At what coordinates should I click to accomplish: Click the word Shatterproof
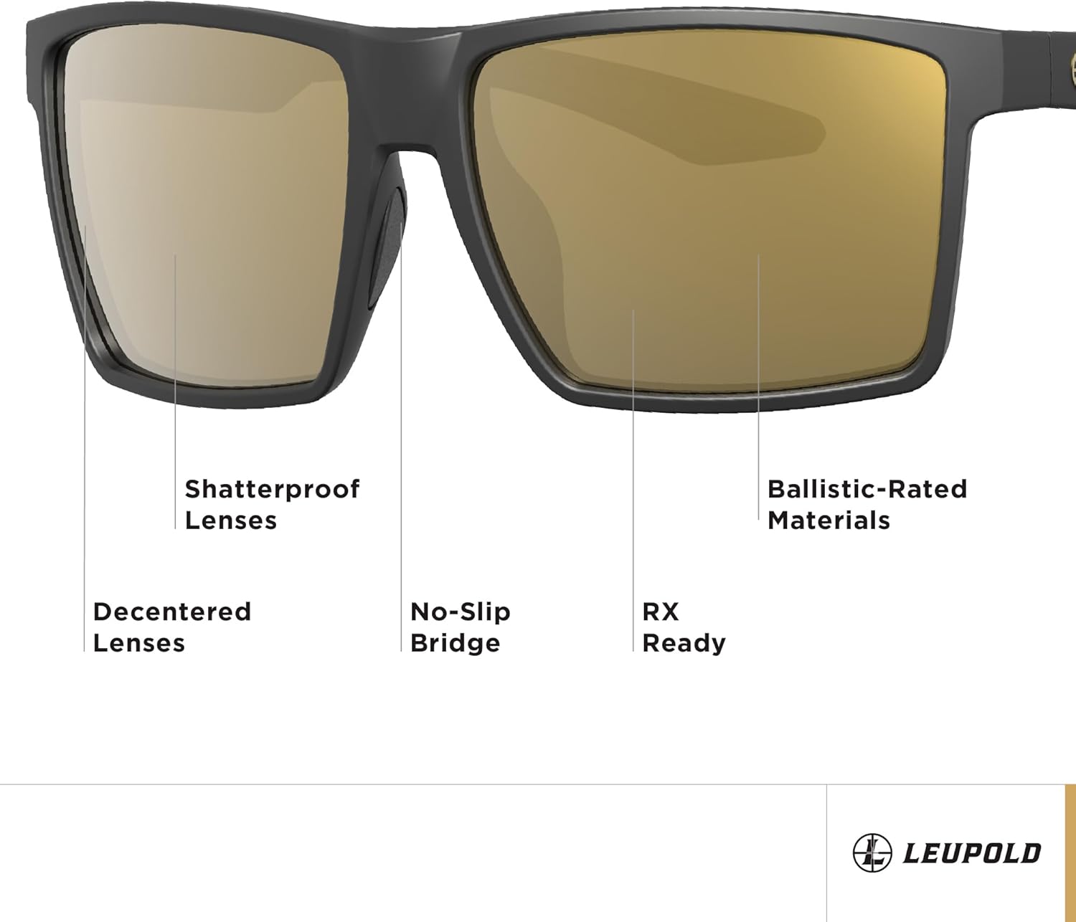pos(272,490)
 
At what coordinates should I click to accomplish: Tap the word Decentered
pos(172,612)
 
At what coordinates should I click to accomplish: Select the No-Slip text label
pos(460,612)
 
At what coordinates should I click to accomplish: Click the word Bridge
pos(455,642)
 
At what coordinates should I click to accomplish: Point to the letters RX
pos(660,612)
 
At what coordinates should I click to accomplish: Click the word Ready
pos(684,642)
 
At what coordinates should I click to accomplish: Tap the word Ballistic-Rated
pos(867,489)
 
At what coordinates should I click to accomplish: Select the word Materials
pos(829,520)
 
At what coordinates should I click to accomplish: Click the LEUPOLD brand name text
pos(972,853)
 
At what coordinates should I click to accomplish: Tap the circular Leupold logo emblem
pos(872,853)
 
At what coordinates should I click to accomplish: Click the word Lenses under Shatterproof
pos(230,520)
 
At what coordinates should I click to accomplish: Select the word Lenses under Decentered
pos(139,642)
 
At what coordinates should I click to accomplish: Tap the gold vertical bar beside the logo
pos(1070,853)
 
